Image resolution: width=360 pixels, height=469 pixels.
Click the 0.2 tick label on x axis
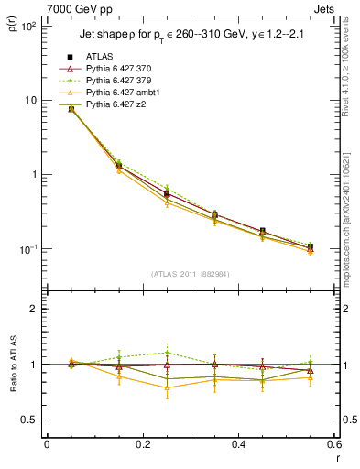click(142, 445)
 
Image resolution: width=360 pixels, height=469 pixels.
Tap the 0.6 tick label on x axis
click(332, 445)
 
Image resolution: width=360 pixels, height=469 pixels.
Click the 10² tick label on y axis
click(28, 26)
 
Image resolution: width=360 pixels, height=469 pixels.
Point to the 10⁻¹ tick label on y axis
click(28, 249)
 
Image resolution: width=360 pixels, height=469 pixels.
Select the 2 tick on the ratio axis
click(34, 309)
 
